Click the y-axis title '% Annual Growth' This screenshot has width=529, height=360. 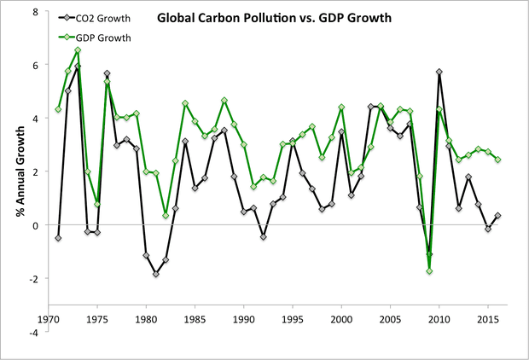click(x=17, y=171)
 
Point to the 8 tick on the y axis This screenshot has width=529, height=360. click(x=34, y=12)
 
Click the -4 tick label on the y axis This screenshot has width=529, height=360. click(x=32, y=332)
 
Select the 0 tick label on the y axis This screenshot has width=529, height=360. click(x=34, y=225)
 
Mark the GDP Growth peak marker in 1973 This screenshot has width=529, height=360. click(x=78, y=50)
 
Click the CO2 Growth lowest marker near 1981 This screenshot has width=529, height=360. click(x=155, y=274)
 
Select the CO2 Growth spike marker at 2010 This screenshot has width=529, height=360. click(x=439, y=73)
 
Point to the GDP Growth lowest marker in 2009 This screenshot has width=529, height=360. click(x=429, y=271)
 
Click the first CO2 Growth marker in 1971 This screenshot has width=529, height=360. click(x=58, y=238)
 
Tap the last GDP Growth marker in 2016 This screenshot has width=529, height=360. click(x=497, y=160)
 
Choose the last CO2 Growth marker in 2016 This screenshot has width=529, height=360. click(x=497, y=216)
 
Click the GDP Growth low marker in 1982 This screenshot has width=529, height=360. click(x=166, y=215)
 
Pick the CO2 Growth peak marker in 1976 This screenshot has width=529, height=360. click(x=107, y=73)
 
